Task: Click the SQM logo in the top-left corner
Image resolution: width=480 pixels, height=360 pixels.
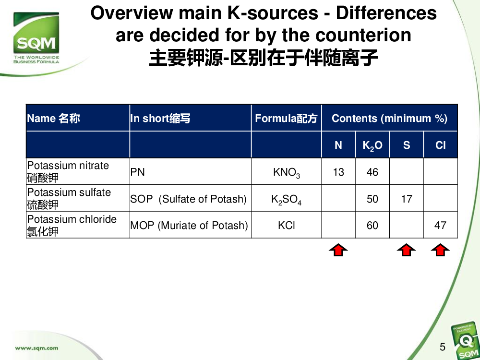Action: (36, 37)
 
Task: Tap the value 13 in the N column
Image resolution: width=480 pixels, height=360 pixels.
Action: (338, 172)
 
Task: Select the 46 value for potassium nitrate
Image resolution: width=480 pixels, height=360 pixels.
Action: (372, 172)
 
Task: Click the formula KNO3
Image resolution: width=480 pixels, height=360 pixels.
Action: (287, 173)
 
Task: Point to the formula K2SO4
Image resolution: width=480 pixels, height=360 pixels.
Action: (286, 200)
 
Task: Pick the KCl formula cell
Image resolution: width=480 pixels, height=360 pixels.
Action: (287, 226)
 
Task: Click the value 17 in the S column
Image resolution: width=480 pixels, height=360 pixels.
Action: (407, 199)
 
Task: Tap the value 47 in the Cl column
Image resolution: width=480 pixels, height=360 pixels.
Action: (440, 226)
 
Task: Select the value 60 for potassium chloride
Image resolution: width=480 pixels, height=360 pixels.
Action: (372, 226)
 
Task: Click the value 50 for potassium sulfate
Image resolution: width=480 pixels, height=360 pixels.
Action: (372, 199)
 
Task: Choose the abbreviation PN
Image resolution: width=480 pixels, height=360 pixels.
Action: (137, 172)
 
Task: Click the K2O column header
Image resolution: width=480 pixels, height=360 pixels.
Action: (372, 145)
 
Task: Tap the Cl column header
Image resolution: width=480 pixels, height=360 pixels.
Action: (441, 145)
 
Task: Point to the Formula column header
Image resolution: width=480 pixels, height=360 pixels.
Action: (286, 118)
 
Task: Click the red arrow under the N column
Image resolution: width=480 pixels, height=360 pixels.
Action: (338, 250)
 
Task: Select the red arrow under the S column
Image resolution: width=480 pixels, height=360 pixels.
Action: (406, 250)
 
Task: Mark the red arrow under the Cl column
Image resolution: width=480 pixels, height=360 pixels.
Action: (440, 250)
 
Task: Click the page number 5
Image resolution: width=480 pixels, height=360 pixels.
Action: (443, 347)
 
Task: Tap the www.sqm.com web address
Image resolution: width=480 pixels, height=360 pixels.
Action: (36, 348)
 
